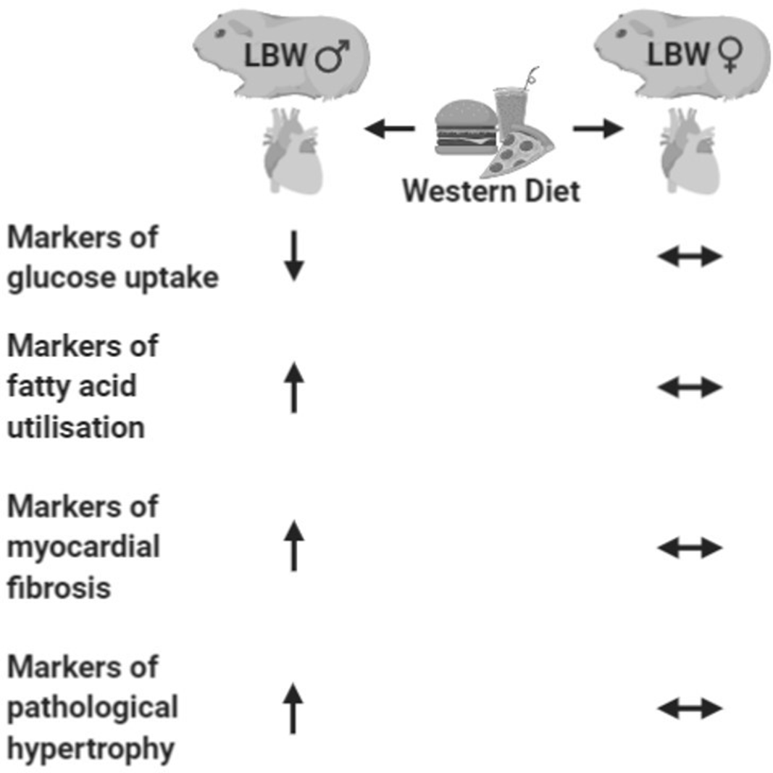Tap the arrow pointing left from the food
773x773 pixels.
tap(389, 130)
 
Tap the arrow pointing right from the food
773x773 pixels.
tap(598, 130)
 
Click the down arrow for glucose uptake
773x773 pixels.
tap(293, 256)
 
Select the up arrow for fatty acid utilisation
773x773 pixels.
tap(293, 388)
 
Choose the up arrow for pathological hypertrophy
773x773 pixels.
tap(292, 708)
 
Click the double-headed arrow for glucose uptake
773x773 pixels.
tap(690, 256)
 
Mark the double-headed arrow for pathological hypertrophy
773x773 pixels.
tap(690, 708)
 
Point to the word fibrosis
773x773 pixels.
tap(59, 587)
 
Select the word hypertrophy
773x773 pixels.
tap(91, 748)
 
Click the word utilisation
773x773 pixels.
tap(76, 427)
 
